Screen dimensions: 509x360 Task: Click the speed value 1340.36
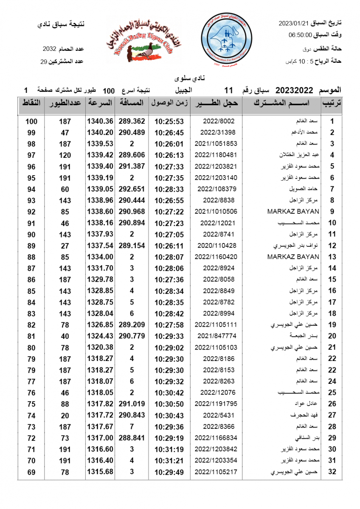click(100, 121)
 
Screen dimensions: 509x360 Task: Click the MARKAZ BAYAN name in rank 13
click(293, 257)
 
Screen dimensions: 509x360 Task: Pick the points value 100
click(31, 121)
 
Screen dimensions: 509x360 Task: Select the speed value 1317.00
click(100, 438)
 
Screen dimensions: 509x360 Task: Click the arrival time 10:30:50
click(169, 404)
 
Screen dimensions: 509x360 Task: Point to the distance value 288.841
click(132, 438)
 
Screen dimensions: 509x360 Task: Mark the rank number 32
click(332, 472)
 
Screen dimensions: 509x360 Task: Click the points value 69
click(31, 472)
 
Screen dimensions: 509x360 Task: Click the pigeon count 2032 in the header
click(49, 49)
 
